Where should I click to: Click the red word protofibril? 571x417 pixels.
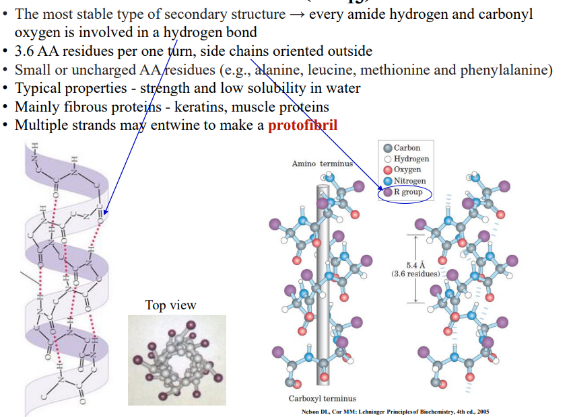coord(302,125)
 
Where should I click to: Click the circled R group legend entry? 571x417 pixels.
coord(407,192)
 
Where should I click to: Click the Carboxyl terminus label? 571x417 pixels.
coord(322,399)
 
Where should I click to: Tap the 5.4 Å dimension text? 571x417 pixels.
coord(415,265)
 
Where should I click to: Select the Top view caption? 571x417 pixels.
coord(170,305)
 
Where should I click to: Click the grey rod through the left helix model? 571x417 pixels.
coord(321,283)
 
